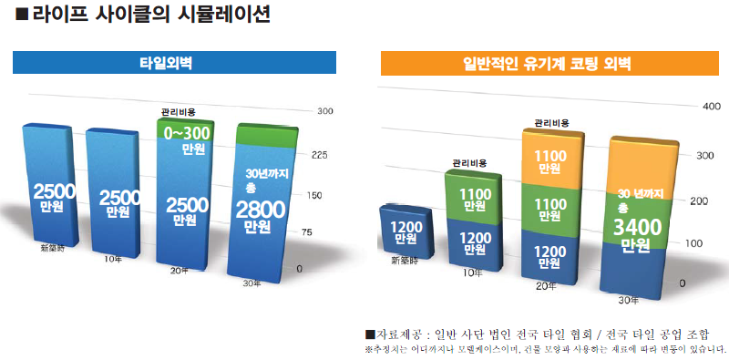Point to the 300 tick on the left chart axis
coord(324,111)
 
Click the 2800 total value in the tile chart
coord(261,210)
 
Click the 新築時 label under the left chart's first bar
coord(51,247)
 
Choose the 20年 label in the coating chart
coord(547,285)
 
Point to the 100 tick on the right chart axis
coord(694,243)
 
